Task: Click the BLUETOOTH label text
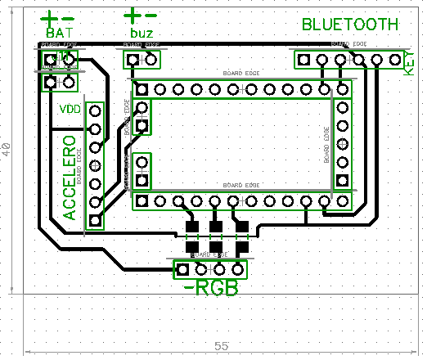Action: [x=350, y=25]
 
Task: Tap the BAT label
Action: [x=58, y=32]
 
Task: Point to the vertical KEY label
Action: [x=411, y=62]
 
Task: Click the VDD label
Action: [x=70, y=109]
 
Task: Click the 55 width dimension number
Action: [x=221, y=346]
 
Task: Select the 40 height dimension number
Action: [x=7, y=149]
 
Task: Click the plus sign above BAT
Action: [x=50, y=16]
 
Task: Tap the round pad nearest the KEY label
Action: [x=395, y=60]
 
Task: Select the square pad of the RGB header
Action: [x=184, y=268]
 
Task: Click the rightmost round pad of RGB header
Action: [x=238, y=268]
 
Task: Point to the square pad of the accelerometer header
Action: [x=96, y=220]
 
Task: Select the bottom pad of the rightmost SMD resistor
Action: [x=242, y=245]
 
